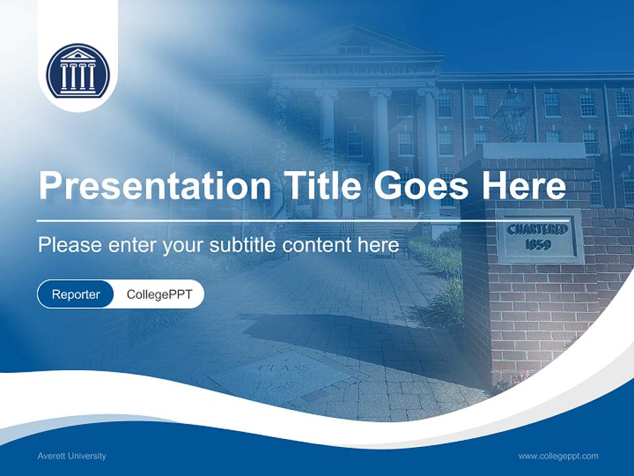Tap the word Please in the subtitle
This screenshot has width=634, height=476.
tap(69, 245)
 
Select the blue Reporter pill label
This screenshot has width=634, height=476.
tap(75, 294)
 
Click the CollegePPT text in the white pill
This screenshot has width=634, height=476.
tap(159, 294)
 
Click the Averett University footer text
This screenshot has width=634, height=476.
tap(71, 456)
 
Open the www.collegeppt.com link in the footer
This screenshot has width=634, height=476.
tap(558, 456)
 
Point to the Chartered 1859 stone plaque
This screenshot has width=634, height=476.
tap(538, 236)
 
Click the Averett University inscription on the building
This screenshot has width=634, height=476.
tap(353, 69)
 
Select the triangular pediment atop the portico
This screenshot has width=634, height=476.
tap(354, 44)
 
